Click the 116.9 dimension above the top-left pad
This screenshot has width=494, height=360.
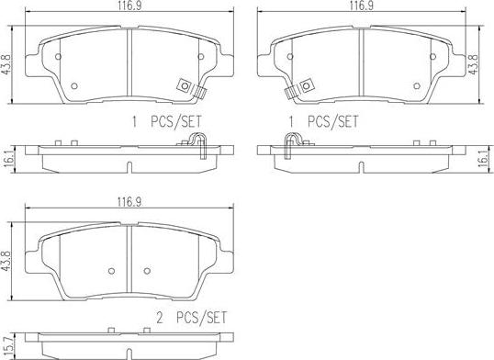pos(129,6)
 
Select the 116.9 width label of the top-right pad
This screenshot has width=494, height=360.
pos(362,6)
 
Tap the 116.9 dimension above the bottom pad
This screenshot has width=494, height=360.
pos(129,202)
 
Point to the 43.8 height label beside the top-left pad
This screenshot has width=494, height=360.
pos(6,64)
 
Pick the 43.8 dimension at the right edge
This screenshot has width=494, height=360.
pos(474,64)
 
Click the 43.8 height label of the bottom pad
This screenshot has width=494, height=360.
pos(6,261)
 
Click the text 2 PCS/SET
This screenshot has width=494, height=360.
pos(192,318)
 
